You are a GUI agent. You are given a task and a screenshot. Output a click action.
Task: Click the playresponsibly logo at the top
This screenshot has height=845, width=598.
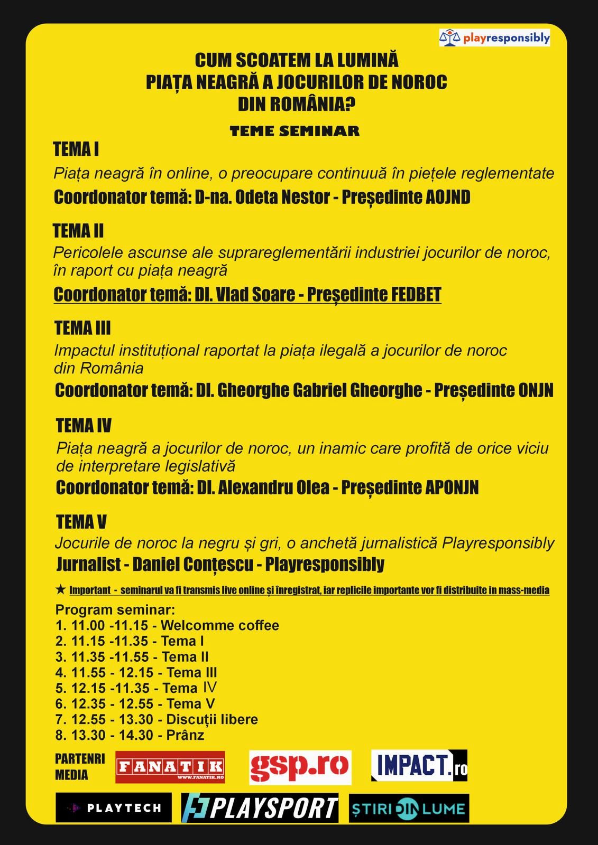click(x=494, y=38)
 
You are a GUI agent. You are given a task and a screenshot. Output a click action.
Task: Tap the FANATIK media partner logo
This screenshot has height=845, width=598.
click(x=170, y=767)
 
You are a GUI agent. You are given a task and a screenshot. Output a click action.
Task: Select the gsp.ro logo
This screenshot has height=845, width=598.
click(x=300, y=767)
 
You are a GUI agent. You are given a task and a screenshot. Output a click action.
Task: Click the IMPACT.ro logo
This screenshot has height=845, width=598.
click(x=419, y=766)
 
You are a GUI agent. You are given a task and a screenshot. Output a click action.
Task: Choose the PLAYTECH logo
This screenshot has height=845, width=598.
click(x=114, y=808)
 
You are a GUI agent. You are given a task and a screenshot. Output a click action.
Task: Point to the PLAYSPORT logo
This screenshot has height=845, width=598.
click(x=260, y=808)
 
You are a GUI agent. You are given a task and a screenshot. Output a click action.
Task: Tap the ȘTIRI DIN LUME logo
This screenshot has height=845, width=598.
click(x=409, y=808)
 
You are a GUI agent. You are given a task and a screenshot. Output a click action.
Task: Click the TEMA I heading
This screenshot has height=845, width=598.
click(x=76, y=149)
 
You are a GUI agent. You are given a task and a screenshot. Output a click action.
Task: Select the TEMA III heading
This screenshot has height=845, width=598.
click(x=82, y=328)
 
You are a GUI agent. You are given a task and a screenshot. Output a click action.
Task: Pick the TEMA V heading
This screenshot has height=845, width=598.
click(x=81, y=522)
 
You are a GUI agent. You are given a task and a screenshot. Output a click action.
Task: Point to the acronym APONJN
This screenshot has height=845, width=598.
click(x=452, y=487)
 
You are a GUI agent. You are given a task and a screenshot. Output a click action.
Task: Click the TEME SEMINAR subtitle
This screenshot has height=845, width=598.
click(x=295, y=131)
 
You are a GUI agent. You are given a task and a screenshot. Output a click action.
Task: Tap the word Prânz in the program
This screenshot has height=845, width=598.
click(x=185, y=735)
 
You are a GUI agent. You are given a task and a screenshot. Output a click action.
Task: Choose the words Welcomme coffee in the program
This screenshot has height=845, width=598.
click(x=219, y=625)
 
